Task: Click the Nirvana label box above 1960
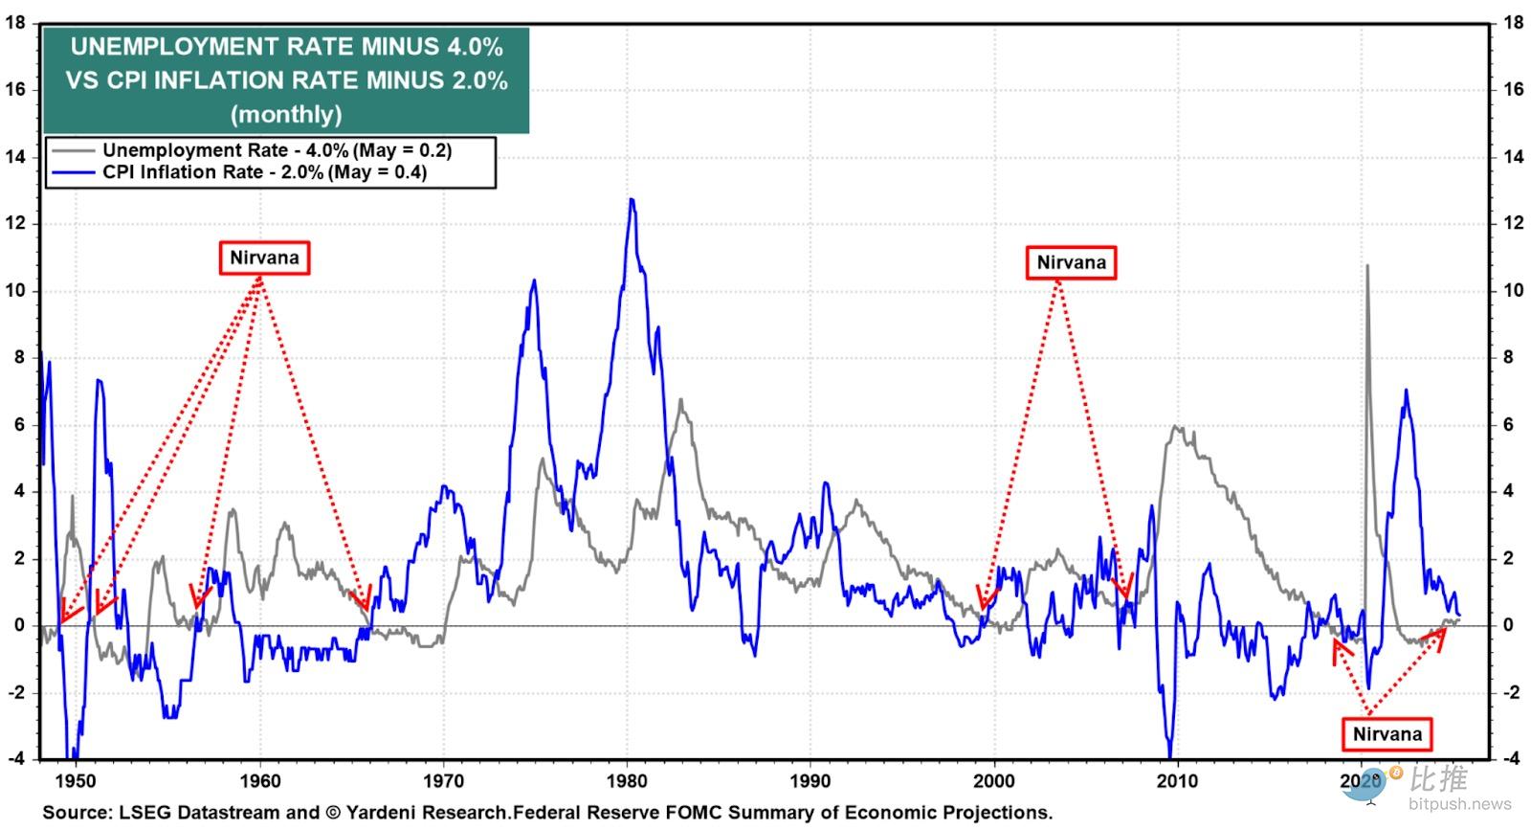(264, 258)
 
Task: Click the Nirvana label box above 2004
(1071, 262)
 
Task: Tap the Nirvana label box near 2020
(1387, 734)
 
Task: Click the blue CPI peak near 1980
(632, 200)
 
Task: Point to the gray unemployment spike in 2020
(1366, 266)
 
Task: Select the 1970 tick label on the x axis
(443, 780)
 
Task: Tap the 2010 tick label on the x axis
(1177, 780)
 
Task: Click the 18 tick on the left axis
(15, 22)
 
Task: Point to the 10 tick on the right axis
(1513, 290)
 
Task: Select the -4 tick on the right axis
(1511, 759)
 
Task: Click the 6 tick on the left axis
(18, 424)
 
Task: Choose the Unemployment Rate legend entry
(277, 150)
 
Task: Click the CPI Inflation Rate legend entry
(264, 172)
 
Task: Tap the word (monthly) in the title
(286, 115)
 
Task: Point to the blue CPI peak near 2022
(1406, 390)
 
